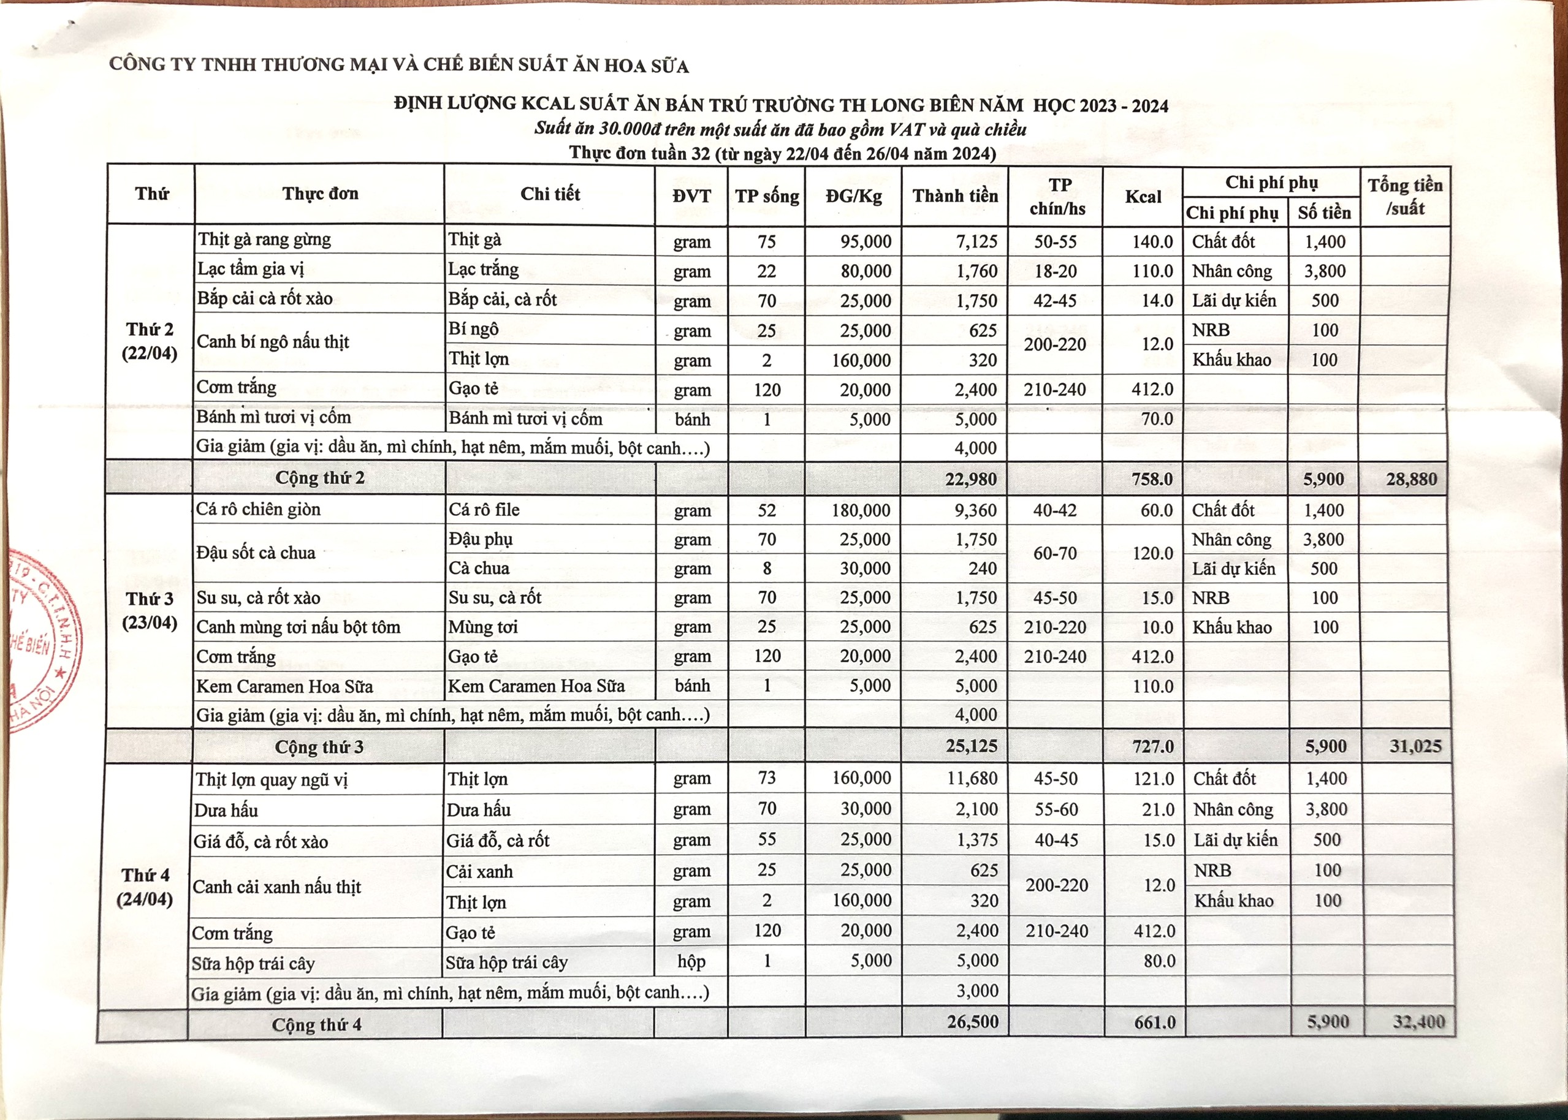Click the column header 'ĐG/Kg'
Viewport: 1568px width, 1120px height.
tap(853, 197)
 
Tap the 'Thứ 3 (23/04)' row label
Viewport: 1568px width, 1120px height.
tap(150, 610)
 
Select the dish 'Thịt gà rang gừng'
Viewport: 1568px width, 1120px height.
tap(264, 240)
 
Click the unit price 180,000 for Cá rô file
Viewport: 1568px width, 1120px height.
tap(865, 510)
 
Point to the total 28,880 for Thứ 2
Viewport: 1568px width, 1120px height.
tap(1412, 479)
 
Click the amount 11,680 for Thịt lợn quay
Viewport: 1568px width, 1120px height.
tap(972, 779)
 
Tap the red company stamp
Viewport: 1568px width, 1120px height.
tap(42, 641)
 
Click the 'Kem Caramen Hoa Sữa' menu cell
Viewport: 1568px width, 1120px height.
tap(284, 686)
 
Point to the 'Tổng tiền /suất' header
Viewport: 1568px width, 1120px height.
tap(1405, 197)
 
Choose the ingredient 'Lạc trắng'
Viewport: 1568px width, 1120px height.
tap(483, 270)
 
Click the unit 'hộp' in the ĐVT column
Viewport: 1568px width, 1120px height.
tap(691, 961)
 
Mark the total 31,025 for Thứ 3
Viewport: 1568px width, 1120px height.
tap(1415, 746)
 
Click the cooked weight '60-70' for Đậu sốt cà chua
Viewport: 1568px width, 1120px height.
tap(1055, 553)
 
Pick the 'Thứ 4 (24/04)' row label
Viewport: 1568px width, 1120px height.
tap(145, 887)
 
